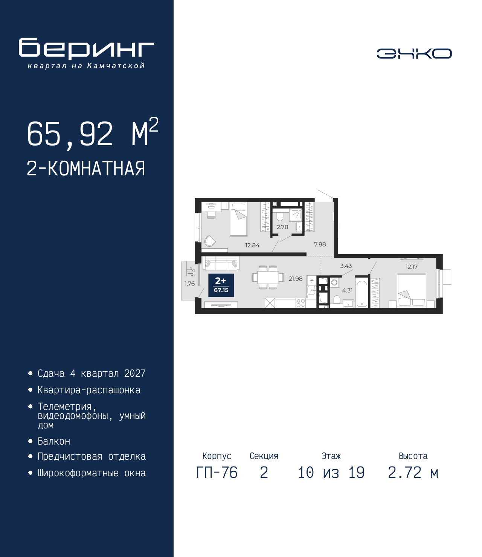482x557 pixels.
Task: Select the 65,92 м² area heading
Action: pyautogui.click(x=93, y=133)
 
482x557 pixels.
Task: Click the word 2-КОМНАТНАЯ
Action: pyautogui.click(x=86, y=169)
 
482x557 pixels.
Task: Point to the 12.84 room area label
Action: pyautogui.click(x=252, y=245)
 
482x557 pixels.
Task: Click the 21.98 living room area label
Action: pyautogui.click(x=296, y=279)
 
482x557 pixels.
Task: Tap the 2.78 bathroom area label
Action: pyautogui.click(x=282, y=227)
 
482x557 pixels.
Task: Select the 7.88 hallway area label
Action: pyautogui.click(x=320, y=244)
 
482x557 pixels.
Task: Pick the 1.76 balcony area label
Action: pyautogui.click(x=189, y=284)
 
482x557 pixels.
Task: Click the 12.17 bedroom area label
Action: pyautogui.click(x=412, y=267)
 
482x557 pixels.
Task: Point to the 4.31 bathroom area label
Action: pyautogui.click(x=347, y=290)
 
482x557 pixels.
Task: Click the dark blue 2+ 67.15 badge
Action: pyautogui.click(x=221, y=285)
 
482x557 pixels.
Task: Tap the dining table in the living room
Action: pyautogui.click(x=268, y=277)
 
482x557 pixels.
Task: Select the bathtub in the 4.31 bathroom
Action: pyautogui.click(x=362, y=294)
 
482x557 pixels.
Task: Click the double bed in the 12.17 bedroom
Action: pyautogui.click(x=412, y=290)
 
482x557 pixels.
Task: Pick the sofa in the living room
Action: pyautogui.click(x=221, y=263)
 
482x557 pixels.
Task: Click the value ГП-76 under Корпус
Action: pyautogui.click(x=217, y=473)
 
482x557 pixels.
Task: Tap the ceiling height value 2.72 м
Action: pyautogui.click(x=413, y=473)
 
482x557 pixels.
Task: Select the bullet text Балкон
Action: pyautogui.click(x=54, y=441)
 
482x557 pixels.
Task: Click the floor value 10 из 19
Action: pyautogui.click(x=331, y=473)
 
